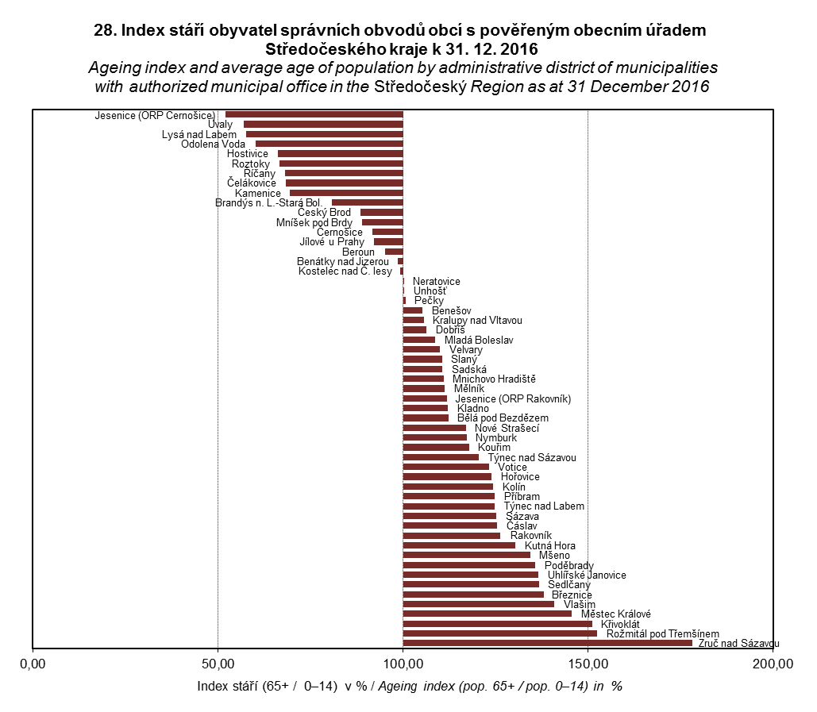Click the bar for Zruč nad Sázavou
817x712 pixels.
547,643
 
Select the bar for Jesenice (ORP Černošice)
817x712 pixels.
314,114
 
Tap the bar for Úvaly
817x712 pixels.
323,125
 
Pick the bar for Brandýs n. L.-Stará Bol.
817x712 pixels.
367,202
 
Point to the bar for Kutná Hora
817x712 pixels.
459,545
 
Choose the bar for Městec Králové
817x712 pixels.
487,614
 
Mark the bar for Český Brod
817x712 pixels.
381,213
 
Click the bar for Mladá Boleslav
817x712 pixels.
418,340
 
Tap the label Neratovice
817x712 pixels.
436,282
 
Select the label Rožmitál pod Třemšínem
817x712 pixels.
662,634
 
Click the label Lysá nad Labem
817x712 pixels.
198,135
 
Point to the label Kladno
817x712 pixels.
473,408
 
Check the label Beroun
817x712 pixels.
358,252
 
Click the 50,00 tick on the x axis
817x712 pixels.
218,664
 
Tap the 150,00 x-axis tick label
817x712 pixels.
588,664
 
